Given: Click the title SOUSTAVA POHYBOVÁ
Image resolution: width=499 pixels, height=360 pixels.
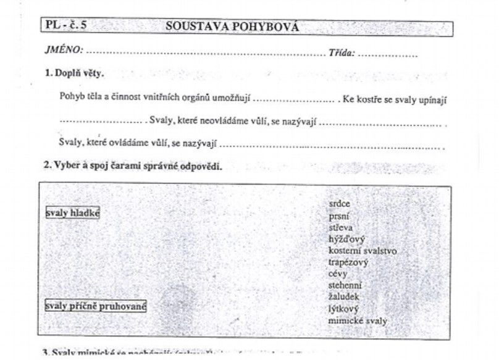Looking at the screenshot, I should click(x=232, y=27).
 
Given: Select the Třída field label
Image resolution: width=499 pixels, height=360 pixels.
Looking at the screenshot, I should click(x=342, y=53).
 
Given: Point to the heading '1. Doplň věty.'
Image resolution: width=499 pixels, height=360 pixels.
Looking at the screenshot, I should click(x=74, y=73).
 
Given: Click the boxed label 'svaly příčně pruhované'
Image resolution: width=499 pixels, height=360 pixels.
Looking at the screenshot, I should click(x=96, y=306).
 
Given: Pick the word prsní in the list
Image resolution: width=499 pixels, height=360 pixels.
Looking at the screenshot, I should click(x=339, y=216).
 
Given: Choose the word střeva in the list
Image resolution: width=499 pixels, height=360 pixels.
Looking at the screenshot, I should click(x=341, y=227).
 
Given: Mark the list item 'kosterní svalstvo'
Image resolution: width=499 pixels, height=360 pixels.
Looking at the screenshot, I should click(x=363, y=251).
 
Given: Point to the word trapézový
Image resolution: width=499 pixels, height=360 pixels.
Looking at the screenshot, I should click(x=348, y=262).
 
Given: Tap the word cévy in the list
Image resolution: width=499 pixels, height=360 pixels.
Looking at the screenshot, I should click(x=338, y=274).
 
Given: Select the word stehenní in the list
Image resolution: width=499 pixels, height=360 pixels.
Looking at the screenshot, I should click(x=345, y=285).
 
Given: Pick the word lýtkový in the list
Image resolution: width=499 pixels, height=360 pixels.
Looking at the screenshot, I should click(x=343, y=309).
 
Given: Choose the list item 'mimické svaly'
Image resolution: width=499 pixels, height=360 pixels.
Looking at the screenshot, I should click(x=358, y=320).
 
